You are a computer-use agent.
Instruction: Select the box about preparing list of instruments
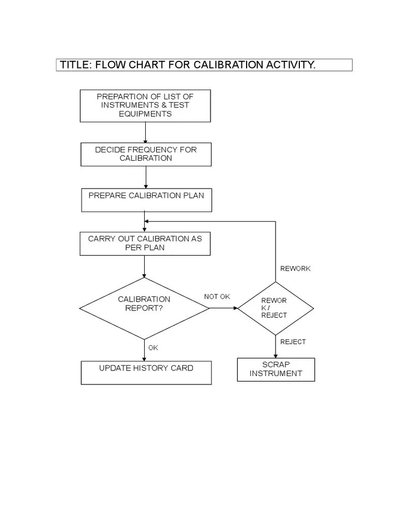[145, 105]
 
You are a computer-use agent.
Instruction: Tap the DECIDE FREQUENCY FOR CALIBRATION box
[146, 154]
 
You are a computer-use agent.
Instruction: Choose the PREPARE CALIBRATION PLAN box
[146, 200]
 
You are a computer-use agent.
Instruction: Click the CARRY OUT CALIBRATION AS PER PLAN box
[145, 243]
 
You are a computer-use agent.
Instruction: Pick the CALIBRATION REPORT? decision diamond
[144, 308]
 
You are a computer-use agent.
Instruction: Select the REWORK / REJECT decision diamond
[275, 308]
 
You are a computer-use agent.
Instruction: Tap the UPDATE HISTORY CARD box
[146, 372]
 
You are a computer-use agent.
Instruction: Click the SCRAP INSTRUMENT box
[276, 369]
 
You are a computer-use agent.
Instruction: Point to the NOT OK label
[217, 297]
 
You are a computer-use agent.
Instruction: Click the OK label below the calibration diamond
[153, 348]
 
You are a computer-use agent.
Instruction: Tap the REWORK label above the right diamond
[295, 269]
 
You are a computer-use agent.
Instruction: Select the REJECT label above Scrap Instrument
[293, 341]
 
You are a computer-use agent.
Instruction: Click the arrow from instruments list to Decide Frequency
[145, 132]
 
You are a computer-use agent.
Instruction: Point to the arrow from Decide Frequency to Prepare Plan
[146, 177]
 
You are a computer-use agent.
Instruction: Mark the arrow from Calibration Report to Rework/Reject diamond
[223, 308]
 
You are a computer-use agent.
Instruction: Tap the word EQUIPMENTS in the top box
[145, 114]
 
